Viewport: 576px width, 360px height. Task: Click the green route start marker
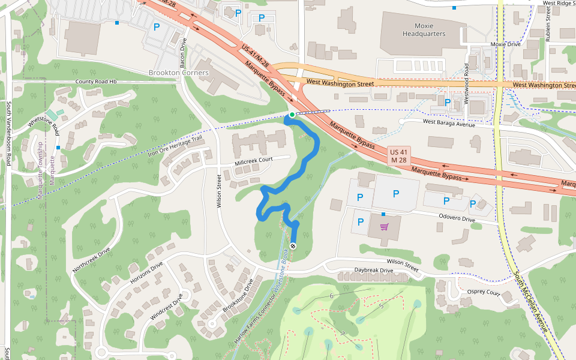(x=292, y=115)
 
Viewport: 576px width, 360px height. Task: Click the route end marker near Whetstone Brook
(x=293, y=246)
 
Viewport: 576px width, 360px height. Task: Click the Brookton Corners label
(x=178, y=73)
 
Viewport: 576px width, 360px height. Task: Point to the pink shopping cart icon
(x=384, y=227)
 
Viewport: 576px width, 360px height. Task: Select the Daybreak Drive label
(x=373, y=271)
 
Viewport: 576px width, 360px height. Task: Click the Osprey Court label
(x=483, y=293)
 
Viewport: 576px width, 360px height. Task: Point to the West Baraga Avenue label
(x=449, y=123)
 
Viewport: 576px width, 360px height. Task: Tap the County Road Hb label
(x=95, y=82)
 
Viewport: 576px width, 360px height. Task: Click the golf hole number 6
(x=331, y=296)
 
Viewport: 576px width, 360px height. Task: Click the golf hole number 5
(x=381, y=306)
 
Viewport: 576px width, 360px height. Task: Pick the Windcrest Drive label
(x=167, y=307)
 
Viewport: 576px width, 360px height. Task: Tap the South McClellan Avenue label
(x=531, y=303)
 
